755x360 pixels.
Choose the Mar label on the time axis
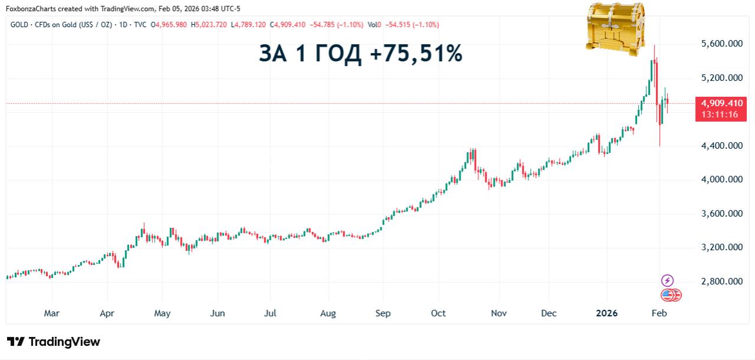[52, 313]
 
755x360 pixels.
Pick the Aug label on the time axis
[328, 313]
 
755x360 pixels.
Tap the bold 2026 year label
[606, 313]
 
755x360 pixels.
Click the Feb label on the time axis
[659, 313]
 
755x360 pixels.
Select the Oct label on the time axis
[438, 313]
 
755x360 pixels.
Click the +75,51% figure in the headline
[416, 54]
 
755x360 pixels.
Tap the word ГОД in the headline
[336, 54]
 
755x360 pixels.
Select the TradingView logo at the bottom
[54, 342]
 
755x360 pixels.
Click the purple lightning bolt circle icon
[667, 280]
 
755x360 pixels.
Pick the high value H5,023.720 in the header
[209, 25]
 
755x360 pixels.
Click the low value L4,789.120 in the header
[248, 25]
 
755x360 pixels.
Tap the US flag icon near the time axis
[667, 295]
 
